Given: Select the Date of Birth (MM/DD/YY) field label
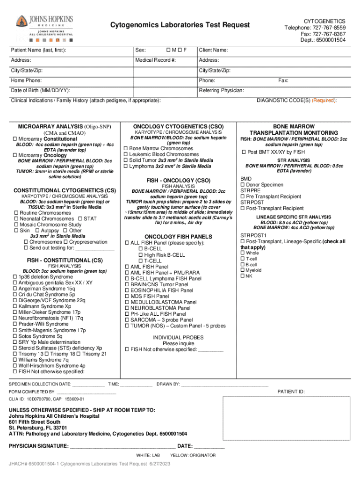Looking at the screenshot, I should pyautogui.click(x=41, y=90).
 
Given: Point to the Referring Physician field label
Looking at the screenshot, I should pyautogui.click(x=221, y=90).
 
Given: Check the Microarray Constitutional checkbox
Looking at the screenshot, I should pyautogui.click(x=15, y=139).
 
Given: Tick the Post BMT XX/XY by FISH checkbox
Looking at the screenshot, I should pyautogui.click(x=243, y=152).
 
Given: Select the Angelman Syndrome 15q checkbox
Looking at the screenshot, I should pyautogui.click(x=15, y=289).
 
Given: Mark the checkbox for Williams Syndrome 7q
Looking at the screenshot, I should pyautogui.click(x=15, y=360).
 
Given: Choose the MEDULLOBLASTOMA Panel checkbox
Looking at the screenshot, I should pyautogui.click(x=126, y=302).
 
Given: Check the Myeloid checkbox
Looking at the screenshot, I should pyautogui.click(x=242, y=270).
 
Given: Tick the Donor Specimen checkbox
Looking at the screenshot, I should pyautogui.click(x=242, y=185).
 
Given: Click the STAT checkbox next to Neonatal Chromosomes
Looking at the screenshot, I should pyautogui.click(x=80, y=218).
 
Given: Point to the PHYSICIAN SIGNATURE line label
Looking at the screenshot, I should pyautogui.click(x=38, y=446).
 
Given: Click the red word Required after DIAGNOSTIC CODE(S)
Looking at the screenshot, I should pyautogui.click(x=324, y=101).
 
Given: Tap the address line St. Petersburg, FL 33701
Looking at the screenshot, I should pyautogui.click(x=38, y=428).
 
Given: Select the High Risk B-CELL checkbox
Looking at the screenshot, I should pyautogui.click(x=140, y=255).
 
